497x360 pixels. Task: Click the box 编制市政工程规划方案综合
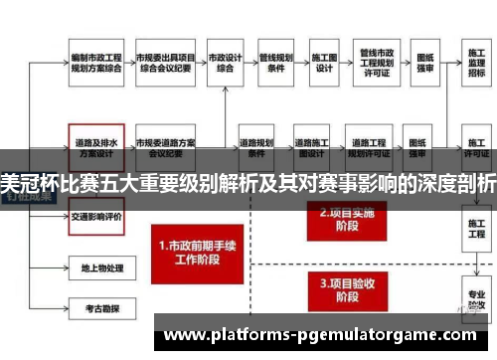coord(95,64)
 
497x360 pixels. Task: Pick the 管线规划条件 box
coord(276,64)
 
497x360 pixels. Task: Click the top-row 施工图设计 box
coord(324,64)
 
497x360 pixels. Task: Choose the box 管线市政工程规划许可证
coord(378,64)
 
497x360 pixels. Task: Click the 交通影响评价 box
coord(95,216)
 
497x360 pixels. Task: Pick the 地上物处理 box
coord(95,269)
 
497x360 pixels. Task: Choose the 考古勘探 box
coord(95,309)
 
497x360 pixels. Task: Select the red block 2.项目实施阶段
coord(342,218)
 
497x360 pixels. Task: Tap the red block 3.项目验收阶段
coord(342,288)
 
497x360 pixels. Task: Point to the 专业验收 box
coord(476,304)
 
